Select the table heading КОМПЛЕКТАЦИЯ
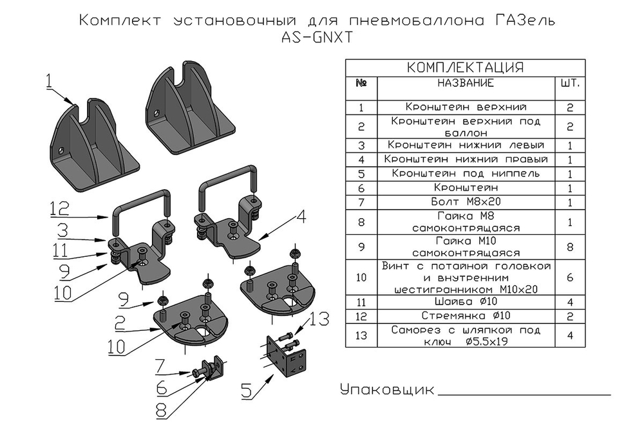(466, 68)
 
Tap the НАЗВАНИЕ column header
(466, 84)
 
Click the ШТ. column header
(571, 84)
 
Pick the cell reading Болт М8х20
(466, 202)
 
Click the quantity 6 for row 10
(571, 277)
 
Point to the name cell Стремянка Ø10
(466, 316)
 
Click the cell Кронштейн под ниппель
(466, 174)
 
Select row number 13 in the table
(361, 335)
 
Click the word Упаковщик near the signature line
(386, 391)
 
